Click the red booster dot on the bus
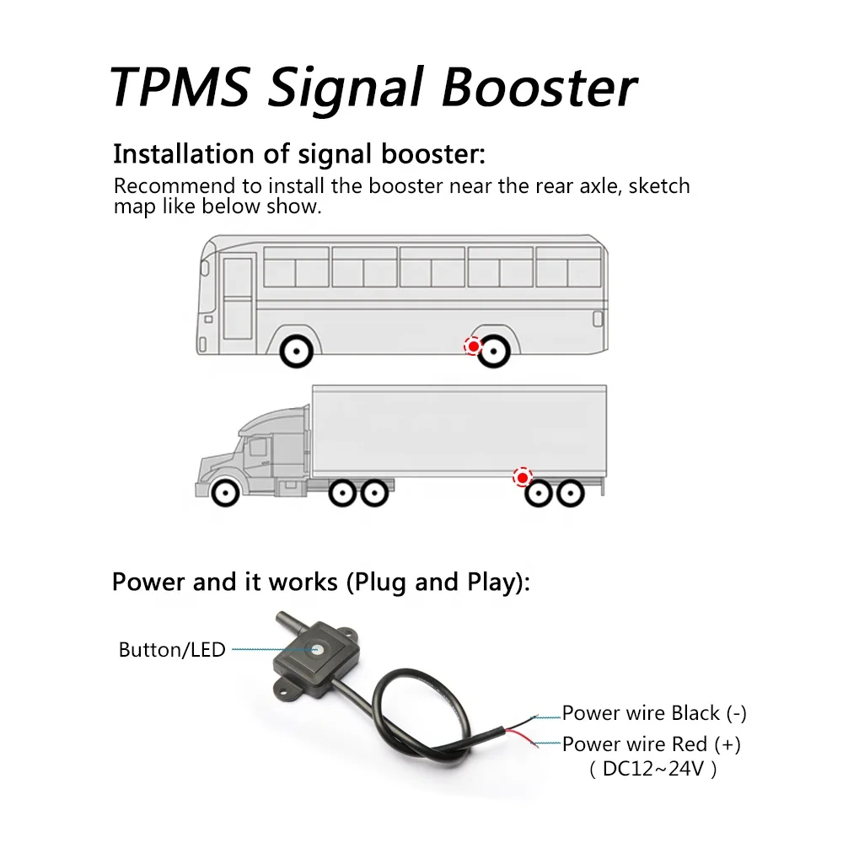tap(474, 346)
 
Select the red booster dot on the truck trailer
tap(524, 478)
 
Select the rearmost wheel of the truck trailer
tap(571, 492)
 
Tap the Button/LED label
tap(172, 649)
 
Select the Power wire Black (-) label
tap(654, 714)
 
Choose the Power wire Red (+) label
tap(652, 744)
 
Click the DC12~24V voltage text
tap(653, 769)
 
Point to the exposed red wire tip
tap(536, 739)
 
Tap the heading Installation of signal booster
tap(299, 155)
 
